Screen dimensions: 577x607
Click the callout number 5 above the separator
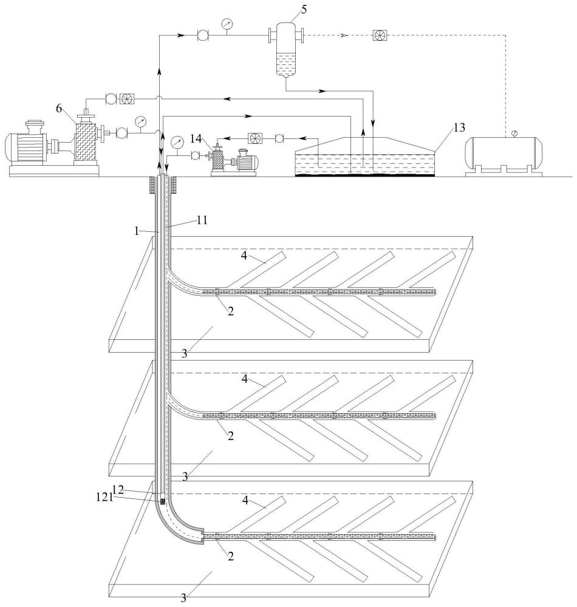coord(304,9)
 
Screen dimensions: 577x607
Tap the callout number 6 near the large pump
coord(59,109)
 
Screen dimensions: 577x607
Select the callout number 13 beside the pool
coord(459,127)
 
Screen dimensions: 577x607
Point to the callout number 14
coord(196,138)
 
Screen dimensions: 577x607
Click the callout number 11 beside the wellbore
coord(202,220)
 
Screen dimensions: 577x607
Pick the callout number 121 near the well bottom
coord(104,497)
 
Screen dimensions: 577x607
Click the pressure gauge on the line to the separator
coord(227,24)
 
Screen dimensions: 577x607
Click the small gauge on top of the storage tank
coord(514,134)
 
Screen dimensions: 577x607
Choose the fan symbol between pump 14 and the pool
coord(255,138)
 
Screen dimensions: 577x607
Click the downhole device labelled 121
coord(163,501)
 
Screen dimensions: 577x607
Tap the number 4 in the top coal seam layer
coord(244,256)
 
